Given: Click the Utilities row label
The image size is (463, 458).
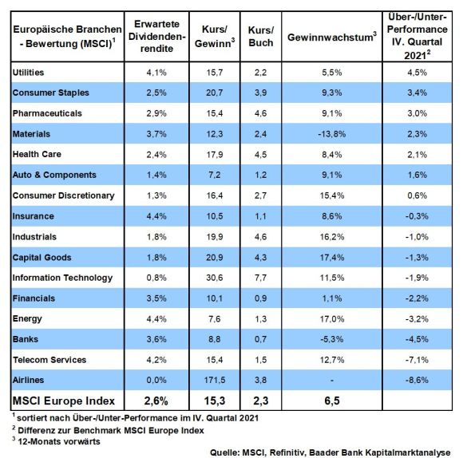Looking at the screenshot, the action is point(29,73).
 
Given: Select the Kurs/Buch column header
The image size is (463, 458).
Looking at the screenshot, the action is point(261,36).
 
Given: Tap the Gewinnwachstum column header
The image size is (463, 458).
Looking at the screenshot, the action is point(332,37).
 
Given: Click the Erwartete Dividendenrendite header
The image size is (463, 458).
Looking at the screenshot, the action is point(156,36).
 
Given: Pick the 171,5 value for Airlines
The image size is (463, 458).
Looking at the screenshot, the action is point(215,380).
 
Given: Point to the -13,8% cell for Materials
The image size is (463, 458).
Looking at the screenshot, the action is point(332,134).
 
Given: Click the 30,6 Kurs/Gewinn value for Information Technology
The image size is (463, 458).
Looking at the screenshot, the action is point(215,278).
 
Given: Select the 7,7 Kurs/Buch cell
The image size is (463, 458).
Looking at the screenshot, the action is point(261,278).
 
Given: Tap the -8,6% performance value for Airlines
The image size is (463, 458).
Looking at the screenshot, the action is point(417,380).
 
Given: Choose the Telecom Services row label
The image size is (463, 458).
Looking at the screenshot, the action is point(49,360).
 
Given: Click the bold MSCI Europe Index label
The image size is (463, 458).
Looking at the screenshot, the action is point(64,401).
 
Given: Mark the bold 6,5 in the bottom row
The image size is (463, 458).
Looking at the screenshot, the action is point(332,401).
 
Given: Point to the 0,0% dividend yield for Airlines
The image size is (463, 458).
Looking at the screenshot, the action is point(156,380).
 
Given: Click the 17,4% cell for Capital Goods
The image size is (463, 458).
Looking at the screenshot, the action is point(332,258).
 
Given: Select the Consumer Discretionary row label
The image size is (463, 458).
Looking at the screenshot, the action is point(64,195).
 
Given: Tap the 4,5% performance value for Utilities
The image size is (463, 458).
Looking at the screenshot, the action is point(417,73).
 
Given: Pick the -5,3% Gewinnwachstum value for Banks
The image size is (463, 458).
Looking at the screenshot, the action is point(332,339).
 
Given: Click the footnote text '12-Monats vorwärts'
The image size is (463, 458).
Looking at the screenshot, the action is point(59,441).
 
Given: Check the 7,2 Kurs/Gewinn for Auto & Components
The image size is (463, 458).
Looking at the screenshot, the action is point(215,175).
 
